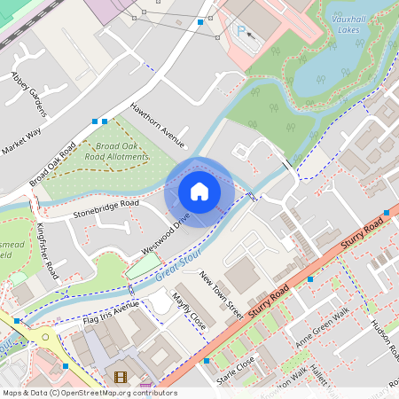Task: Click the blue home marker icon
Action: pyautogui.click(x=199, y=192)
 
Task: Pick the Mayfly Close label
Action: pyautogui.click(x=189, y=311)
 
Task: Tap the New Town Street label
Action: pyautogui.click(x=222, y=295)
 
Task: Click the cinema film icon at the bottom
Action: pyautogui.click(x=120, y=379)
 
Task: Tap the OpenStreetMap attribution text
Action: pyautogui.click(x=89, y=393)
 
